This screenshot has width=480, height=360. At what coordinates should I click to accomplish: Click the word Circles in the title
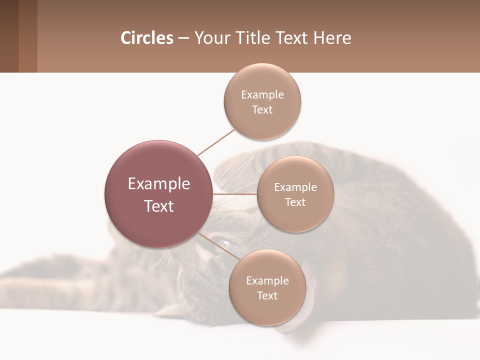[x=146, y=38]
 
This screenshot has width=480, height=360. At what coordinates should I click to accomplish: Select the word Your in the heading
[x=210, y=38]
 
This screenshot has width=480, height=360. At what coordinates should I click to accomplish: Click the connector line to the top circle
[x=216, y=142]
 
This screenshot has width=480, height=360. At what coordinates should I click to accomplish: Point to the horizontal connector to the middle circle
[x=235, y=194]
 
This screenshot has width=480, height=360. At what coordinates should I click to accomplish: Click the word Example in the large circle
[x=158, y=184]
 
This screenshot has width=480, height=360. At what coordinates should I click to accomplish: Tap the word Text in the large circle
[x=158, y=206]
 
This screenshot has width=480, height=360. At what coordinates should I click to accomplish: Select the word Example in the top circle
[x=262, y=95]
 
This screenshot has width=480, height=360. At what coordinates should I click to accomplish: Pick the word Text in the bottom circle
[x=267, y=295]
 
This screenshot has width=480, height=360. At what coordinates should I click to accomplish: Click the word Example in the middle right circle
[x=295, y=187]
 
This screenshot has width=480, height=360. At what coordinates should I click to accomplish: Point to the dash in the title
[x=183, y=38]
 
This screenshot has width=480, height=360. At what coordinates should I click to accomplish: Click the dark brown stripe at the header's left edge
[x=9, y=36]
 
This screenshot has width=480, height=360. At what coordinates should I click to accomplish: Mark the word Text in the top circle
[x=262, y=110]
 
